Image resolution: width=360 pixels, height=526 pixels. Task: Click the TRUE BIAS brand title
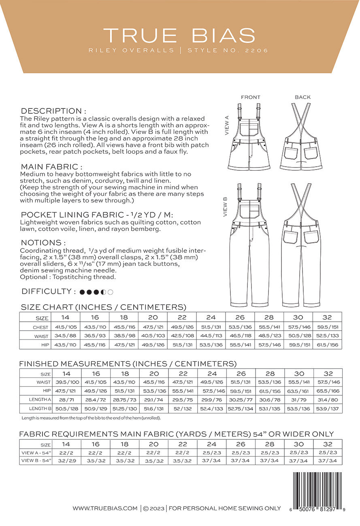179,36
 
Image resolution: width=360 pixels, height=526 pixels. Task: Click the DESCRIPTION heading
53,111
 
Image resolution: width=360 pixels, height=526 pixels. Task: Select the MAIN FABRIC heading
51,167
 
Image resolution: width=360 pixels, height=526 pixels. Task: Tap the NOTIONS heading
43,243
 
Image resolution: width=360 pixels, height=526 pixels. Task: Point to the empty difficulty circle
111,292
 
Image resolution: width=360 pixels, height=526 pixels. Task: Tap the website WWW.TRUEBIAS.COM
105,508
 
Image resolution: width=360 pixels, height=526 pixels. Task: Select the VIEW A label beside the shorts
227,125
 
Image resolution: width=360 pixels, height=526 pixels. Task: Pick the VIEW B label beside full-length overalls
225,207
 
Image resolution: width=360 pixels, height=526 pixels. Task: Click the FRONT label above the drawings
251,97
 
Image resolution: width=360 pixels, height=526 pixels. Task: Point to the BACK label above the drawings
302,97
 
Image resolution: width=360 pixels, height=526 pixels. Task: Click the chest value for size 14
66,327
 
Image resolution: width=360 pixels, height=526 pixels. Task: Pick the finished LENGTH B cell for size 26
241,408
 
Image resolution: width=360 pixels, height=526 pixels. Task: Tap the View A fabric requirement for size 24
211,452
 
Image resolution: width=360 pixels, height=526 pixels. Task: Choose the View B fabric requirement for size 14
66,460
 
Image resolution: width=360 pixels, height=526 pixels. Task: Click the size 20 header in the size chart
153,318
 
